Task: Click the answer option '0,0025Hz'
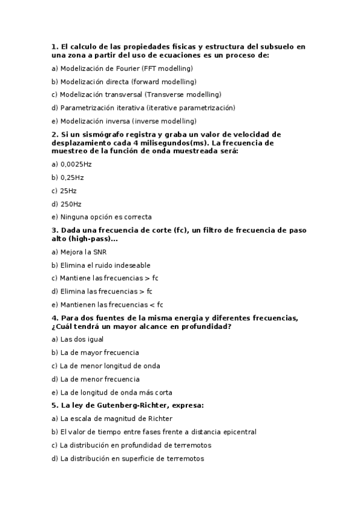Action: [x=76, y=164]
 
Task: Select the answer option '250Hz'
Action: [x=71, y=204]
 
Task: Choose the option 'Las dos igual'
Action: [x=82, y=339]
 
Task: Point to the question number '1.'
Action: [x=54, y=46]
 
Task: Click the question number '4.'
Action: [x=54, y=318]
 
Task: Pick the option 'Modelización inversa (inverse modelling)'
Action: [x=128, y=121]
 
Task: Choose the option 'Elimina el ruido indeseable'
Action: [x=105, y=265]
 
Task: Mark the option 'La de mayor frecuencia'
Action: [x=100, y=352]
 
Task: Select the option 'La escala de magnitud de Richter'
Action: [x=117, y=419]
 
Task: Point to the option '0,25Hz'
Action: [x=72, y=177]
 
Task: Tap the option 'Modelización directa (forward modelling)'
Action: [x=128, y=82]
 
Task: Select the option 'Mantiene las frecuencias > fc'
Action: [x=109, y=278]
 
